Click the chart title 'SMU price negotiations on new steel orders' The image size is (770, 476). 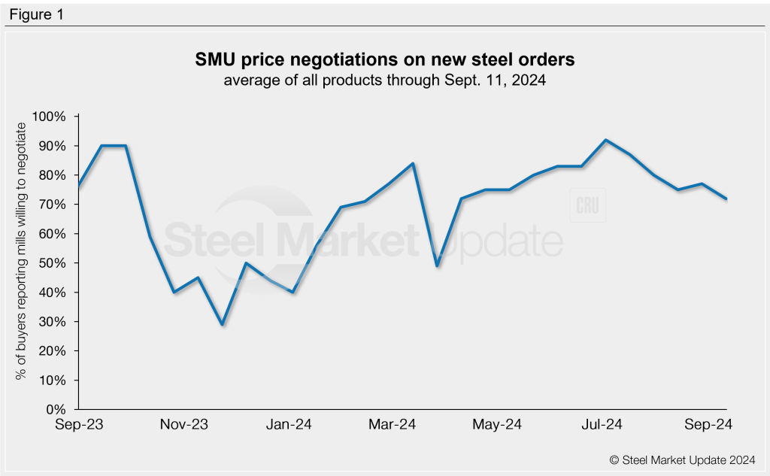coord(384,59)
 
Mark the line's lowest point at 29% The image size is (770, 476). coord(221,324)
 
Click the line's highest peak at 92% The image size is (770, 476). coord(606,140)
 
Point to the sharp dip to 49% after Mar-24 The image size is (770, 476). coord(437,265)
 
